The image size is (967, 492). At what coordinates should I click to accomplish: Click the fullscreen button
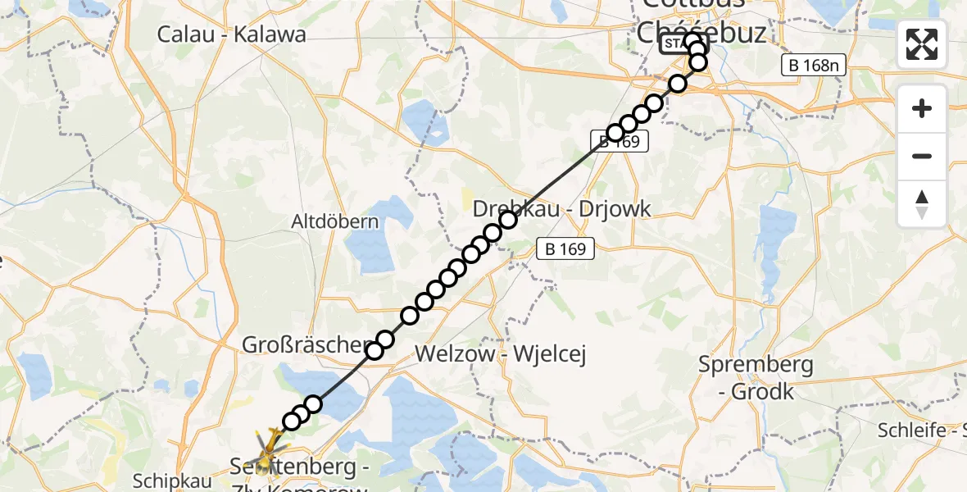click(922, 43)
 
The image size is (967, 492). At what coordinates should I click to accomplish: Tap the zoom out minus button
click(922, 156)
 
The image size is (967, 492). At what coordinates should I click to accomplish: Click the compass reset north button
click(922, 204)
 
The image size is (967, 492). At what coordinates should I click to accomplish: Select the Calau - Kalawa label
click(231, 34)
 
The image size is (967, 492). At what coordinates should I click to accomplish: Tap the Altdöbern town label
click(336, 221)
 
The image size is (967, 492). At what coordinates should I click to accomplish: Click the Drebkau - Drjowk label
click(562, 208)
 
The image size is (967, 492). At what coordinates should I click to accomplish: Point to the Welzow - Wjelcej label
click(502, 354)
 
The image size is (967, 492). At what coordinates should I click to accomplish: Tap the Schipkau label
click(171, 481)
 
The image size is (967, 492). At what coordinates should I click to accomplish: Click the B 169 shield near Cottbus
click(620, 141)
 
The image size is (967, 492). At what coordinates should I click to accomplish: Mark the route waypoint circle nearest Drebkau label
click(508, 219)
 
